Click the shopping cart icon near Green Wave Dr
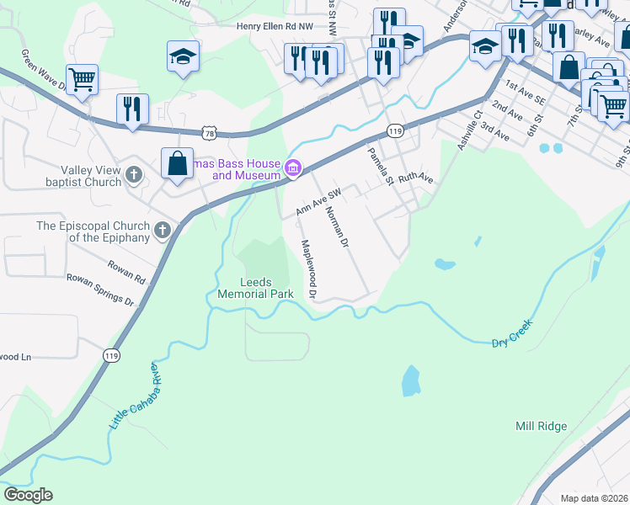click(x=82, y=80)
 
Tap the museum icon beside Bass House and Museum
click(x=293, y=169)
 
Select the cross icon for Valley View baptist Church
click(x=133, y=175)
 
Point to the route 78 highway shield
click(x=209, y=133)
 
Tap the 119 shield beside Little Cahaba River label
click(x=110, y=356)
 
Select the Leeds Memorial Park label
click(x=255, y=288)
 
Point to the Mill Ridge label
click(x=541, y=426)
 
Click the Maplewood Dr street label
click(x=307, y=268)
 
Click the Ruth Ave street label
click(x=415, y=178)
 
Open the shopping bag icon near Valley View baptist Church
click(x=178, y=162)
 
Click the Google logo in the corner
click(x=28, y=495)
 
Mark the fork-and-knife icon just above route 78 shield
click(x=133, y=109)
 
